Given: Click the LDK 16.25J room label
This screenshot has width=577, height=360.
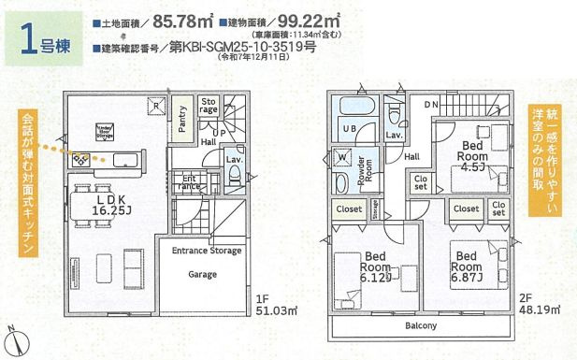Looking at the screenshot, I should (x=111, y=207).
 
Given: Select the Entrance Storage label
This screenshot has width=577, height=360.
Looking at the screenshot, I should (x=206, y=251).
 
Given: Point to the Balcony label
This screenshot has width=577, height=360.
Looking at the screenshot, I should (x=421, y=326).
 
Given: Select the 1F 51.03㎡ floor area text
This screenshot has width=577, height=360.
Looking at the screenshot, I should (x=276, y=307).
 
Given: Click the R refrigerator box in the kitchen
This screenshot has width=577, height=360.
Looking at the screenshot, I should (x=155, y=105).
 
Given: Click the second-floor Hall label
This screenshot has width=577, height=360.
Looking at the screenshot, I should (x=412, y=157).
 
